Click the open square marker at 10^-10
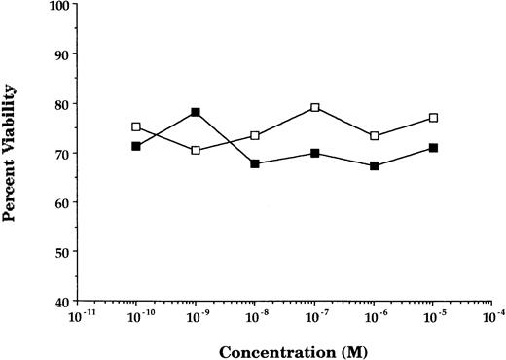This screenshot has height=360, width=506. [136, 126]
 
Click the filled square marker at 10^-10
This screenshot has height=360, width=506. [136, 146]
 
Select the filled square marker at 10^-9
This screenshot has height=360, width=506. [196, 112]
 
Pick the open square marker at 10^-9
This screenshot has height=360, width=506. [196, 151]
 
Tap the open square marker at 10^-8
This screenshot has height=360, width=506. [255, 136]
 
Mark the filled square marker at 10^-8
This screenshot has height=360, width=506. [255, 163]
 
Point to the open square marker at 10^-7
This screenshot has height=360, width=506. [314, 108]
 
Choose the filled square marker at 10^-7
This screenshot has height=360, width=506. [314, 154]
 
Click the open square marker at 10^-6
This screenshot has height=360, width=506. [375, 136]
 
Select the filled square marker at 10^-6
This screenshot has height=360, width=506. [375, 165]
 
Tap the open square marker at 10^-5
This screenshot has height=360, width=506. [434, 118]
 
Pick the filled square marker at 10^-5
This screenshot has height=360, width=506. [434, 148]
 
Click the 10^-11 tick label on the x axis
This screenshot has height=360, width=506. [76, 317]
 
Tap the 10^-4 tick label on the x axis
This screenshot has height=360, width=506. [492, 317]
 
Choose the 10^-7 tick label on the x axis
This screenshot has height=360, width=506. [313, 317]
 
